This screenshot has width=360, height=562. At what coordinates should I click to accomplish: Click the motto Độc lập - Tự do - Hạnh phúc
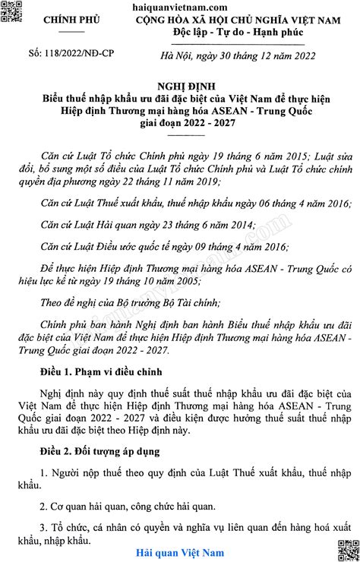226,34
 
